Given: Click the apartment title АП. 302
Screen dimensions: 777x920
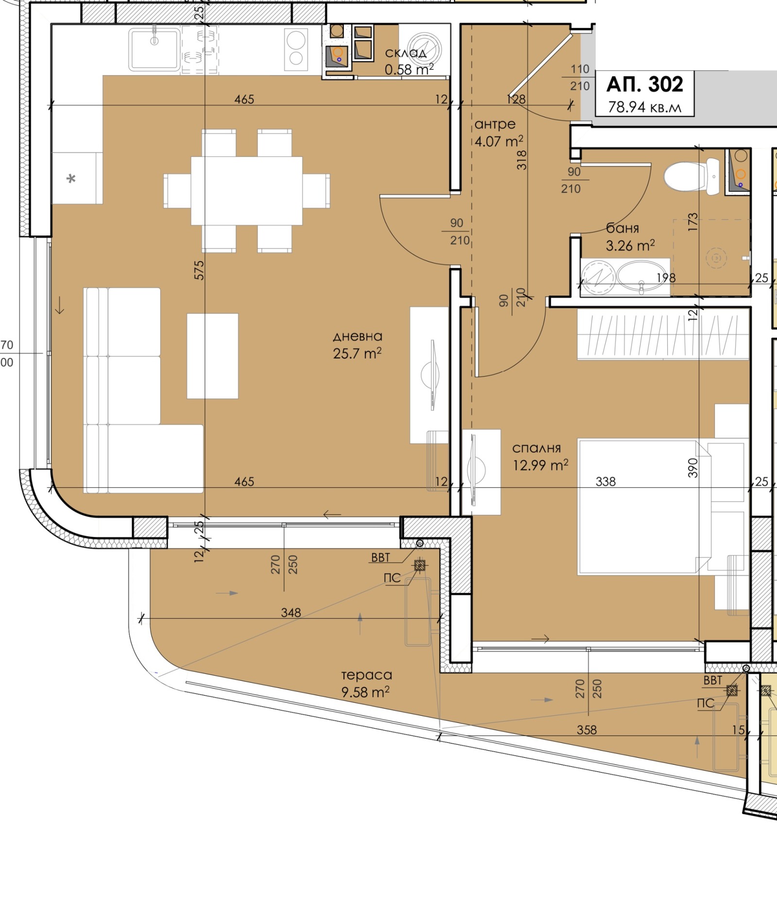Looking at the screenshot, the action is tap(645, 84).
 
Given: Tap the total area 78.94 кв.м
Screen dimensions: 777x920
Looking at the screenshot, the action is tap(645, 107).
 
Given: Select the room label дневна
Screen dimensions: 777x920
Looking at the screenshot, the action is tap(357, 336).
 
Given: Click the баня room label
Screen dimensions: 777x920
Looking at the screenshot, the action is tap(623, 228).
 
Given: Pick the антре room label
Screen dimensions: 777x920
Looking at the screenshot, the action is tap(495, 124).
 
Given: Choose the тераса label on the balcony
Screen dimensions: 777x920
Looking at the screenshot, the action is tap(367, 675).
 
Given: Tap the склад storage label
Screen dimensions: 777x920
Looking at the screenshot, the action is tap(406, 52).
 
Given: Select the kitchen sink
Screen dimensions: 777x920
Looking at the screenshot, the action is tap(154, 49).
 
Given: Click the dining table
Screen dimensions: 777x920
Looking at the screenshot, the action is tap(247, 191).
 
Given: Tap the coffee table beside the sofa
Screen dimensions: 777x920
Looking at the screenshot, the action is tap(213, 356).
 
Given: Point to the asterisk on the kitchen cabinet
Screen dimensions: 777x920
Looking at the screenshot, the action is tap(71, 179).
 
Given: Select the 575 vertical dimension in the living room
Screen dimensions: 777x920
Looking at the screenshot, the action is tap(199, 270).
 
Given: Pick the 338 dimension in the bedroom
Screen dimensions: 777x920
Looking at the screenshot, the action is tap(606, 481).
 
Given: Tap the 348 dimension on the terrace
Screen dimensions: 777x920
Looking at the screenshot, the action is tap(291, 612).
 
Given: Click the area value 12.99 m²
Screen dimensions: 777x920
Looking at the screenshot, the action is tap(541, 465).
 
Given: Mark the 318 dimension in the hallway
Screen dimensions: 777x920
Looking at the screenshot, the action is tap(522, 160).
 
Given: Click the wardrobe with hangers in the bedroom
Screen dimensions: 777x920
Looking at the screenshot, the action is tap(663, 335).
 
